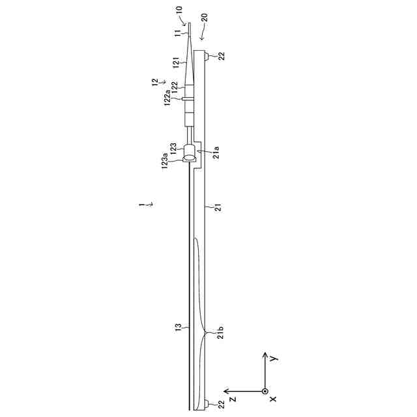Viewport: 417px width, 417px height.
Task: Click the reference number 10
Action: point(180,10)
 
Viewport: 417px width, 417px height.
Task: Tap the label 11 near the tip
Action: point(177,33)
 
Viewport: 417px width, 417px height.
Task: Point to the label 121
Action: point(177,63)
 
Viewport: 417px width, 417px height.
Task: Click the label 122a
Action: point(167,98)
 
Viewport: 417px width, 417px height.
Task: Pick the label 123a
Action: point(165,161)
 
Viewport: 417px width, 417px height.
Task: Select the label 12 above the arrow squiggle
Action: point(155,82)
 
